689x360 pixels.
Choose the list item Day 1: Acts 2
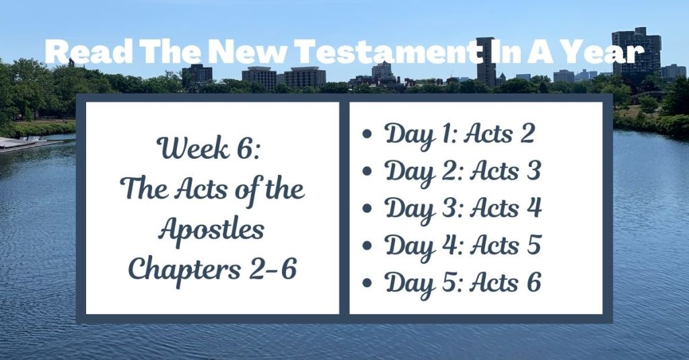point(460,134)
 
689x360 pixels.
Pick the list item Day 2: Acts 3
point(462,172)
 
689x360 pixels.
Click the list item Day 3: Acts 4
point(463,209)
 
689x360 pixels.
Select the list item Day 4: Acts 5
point(462,246)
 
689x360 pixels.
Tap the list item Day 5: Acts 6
point(462,283)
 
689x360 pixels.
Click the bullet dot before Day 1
point(367,135)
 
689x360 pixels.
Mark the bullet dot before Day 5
point(367,284)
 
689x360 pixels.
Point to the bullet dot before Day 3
point(367,209)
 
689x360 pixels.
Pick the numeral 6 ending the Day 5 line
point(534,283)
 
